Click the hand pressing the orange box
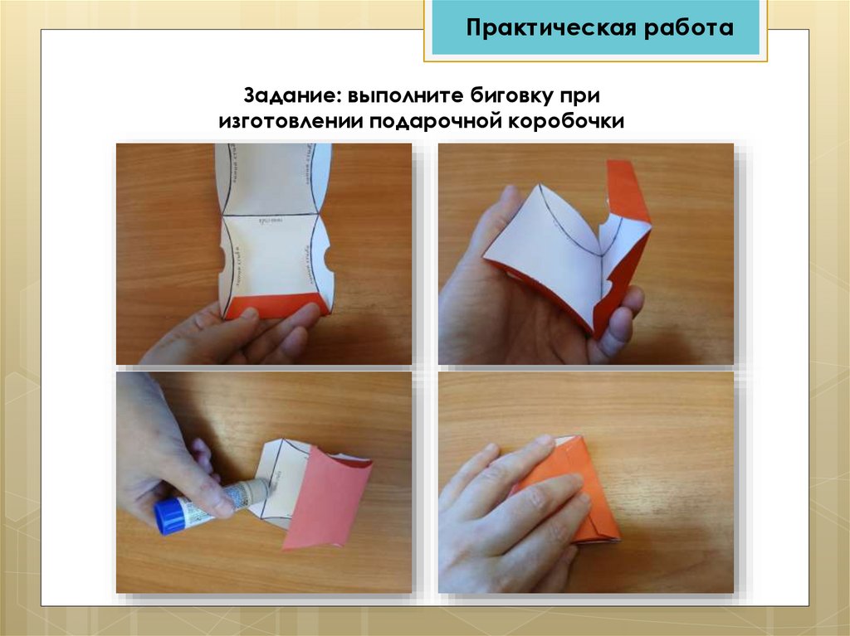point(506,514)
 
